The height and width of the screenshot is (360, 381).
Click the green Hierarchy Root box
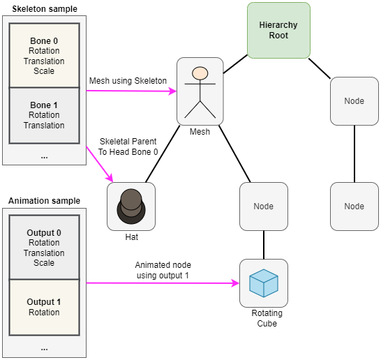tap(278, 31)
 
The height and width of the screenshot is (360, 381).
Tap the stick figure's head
tap(200, 73)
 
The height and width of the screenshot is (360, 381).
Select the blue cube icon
tap(264, 283)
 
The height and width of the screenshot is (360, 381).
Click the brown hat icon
tap(131, 207)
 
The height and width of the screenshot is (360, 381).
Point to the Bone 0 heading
tap(44, 40)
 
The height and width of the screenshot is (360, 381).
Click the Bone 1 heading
tap(44, 105)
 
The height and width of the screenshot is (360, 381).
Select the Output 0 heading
tap(44, 232)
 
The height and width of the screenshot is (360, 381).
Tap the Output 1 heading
tap(44, 301)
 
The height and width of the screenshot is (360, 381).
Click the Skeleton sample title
tap(45, 9)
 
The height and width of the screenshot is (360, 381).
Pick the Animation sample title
tap(44, 201)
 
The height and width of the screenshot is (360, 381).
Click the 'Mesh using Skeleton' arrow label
tap(128, 81)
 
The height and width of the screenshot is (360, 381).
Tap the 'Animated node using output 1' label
tap(163, 270)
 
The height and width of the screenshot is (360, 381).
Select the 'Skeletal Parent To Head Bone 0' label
tap(128, 147)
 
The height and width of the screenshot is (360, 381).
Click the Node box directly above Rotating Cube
tap(264, 207)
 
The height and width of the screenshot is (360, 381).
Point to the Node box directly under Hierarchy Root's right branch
tap(354, 101)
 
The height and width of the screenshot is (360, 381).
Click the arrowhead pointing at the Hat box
tap(110, 178)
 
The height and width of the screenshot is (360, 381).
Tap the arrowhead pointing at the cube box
tap(235, 283)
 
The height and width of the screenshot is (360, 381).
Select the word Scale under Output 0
tap(44, 262)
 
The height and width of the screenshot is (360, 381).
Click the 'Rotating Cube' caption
tap(267, 318)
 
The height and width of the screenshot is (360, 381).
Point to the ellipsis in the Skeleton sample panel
tap(44, 158)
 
